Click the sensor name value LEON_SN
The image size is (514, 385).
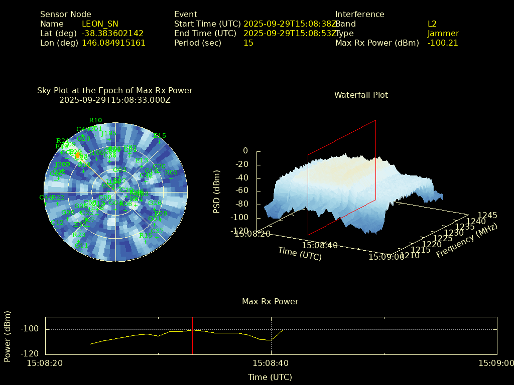click(x=100, y=24)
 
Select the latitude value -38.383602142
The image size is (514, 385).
click(x=112, y=33)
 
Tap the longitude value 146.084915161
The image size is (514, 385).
click(x=113, y=43)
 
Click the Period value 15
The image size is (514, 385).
click(x=248, y=43)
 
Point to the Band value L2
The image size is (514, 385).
click(x=432, y=24)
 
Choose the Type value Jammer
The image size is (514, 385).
click(x=443, y=33)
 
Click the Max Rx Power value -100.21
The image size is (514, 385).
click(x=443, y=43)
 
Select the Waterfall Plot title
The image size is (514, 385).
click(x=361, y=95)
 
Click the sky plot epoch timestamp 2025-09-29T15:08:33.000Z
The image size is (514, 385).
click(x=115, y=100)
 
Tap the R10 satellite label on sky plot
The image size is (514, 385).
click(x=95, y=120)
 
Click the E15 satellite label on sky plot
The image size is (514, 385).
click(x=160, y=136)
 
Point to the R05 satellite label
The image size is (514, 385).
click(x=171, y=173)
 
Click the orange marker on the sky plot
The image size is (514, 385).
click(x=78, y=156)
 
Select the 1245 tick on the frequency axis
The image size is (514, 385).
click(x=487, y=215)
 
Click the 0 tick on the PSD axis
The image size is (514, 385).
click(x=245, y=150)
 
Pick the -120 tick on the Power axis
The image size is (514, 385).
click(x=31, y=353)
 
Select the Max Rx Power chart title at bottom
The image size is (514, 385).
click(x=270, y=301)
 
